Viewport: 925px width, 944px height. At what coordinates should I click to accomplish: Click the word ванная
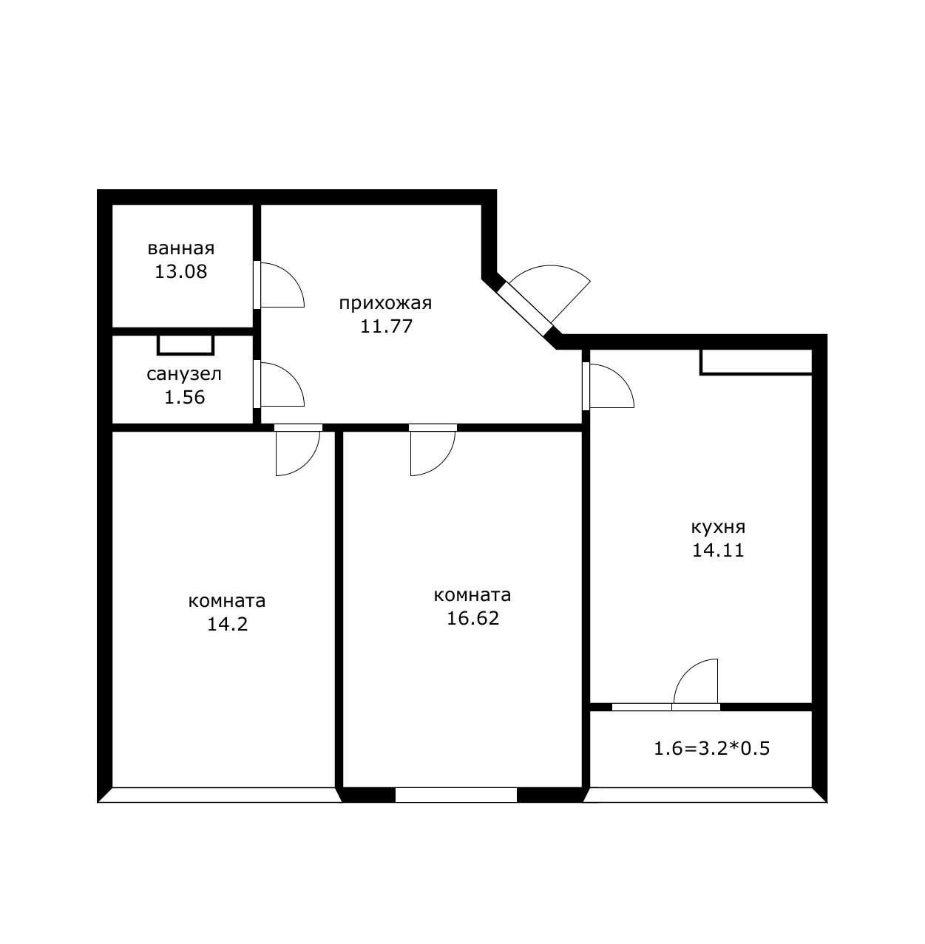click(x=181, y=248)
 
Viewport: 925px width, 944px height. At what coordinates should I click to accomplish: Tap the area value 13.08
click(x=181, y=271)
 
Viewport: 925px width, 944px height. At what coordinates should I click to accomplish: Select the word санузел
click(x=184, y=374)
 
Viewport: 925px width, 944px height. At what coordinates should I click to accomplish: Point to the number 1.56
click(x=184, y=397)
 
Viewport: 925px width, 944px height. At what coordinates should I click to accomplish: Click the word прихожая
click(x=385, y=304)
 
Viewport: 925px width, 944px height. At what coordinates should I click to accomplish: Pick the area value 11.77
click(x=386, y=326)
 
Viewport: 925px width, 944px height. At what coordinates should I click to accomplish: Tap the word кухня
click(x=718, y=527)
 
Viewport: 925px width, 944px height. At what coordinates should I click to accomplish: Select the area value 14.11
click(x=718, y=550)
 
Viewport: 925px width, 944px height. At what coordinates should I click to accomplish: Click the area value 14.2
click(x=228, y=624)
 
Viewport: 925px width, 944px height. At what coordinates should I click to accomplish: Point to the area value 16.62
click(x=472, y=618)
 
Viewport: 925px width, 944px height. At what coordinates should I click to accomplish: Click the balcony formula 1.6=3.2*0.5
click(x=712, y=749)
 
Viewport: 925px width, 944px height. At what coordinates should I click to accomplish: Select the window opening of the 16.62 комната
click(x=456, y=795)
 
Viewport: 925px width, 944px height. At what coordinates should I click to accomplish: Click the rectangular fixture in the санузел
click(x=186, y=345)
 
